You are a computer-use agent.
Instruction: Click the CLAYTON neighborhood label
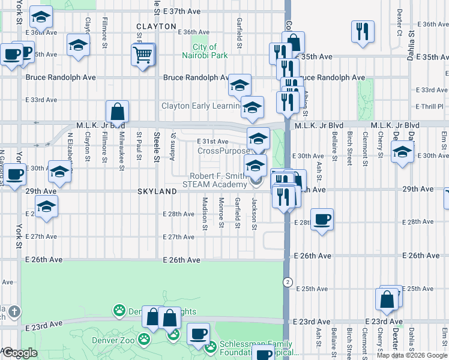pyautogui.click(x=156, y=26)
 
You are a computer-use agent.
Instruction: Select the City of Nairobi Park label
pyautogui.click(x=210, y=51)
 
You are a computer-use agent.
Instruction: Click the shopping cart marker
pyautogui.click(x=143, y=56)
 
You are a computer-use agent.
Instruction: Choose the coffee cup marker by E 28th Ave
pyautogui.click(x=322, y=220)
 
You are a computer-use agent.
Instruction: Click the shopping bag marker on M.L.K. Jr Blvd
pyautogui.click(x=117, y=111)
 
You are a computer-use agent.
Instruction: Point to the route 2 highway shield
pyautogui.click(x=288, y=281)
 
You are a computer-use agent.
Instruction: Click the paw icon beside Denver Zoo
pyautogui.click(x=143, y=340)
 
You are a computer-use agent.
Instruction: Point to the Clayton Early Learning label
pyautogui.click(x=200, y=106)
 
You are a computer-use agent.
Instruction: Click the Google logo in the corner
pyautogui.click(x=20, y=353)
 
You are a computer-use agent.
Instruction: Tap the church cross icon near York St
pyautogui.click(x=14, y=312)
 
